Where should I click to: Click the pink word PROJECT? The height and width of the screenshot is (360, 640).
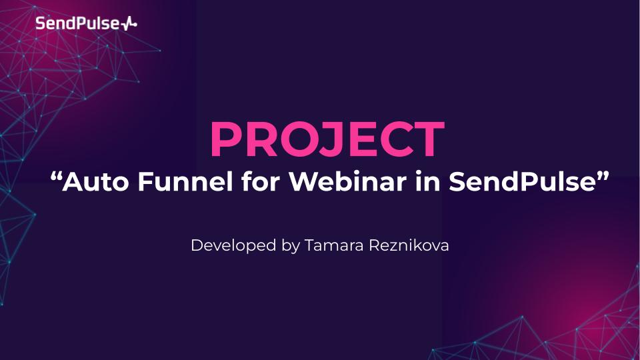(327, 139)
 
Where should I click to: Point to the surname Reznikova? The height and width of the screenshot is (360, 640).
(409, 245)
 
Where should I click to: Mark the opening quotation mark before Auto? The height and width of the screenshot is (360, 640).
(57, 177)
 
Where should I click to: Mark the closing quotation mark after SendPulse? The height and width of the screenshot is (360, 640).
(606, 177)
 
